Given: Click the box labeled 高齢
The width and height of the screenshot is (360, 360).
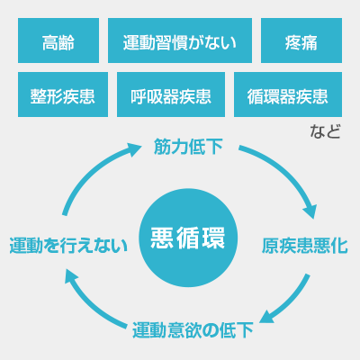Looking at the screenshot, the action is (58, 40).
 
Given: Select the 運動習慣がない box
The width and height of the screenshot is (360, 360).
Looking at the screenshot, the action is (180, 40).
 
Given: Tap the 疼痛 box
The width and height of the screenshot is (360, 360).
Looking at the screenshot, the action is (301, 40).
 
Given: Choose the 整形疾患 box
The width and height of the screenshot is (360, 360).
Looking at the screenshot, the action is (63, 94).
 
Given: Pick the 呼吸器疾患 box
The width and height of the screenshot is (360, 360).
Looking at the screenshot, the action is (171, 94).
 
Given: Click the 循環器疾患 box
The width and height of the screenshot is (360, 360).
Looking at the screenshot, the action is (288, 94).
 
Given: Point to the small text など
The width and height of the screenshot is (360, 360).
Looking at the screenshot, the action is (325, 131).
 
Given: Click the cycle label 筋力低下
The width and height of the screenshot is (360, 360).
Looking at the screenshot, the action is (188, 147).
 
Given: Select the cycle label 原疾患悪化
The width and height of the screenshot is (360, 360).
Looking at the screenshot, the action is (304, 246).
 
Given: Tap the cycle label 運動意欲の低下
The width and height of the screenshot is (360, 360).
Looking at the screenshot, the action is (193, 330).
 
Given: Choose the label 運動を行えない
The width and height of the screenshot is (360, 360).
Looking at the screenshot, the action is (68, 246).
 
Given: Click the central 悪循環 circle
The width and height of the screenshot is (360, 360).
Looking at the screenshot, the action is (188, 238).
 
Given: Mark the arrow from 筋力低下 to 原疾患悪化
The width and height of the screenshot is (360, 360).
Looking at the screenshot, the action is (285, 171).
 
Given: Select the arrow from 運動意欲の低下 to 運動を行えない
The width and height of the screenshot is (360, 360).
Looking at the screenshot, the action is (90, 303).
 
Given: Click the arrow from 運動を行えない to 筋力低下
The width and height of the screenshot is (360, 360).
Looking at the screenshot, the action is (90, 173).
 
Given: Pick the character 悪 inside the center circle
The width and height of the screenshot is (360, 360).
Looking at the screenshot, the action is (162, 238).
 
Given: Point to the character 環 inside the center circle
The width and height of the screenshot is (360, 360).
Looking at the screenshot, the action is (213, 238).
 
